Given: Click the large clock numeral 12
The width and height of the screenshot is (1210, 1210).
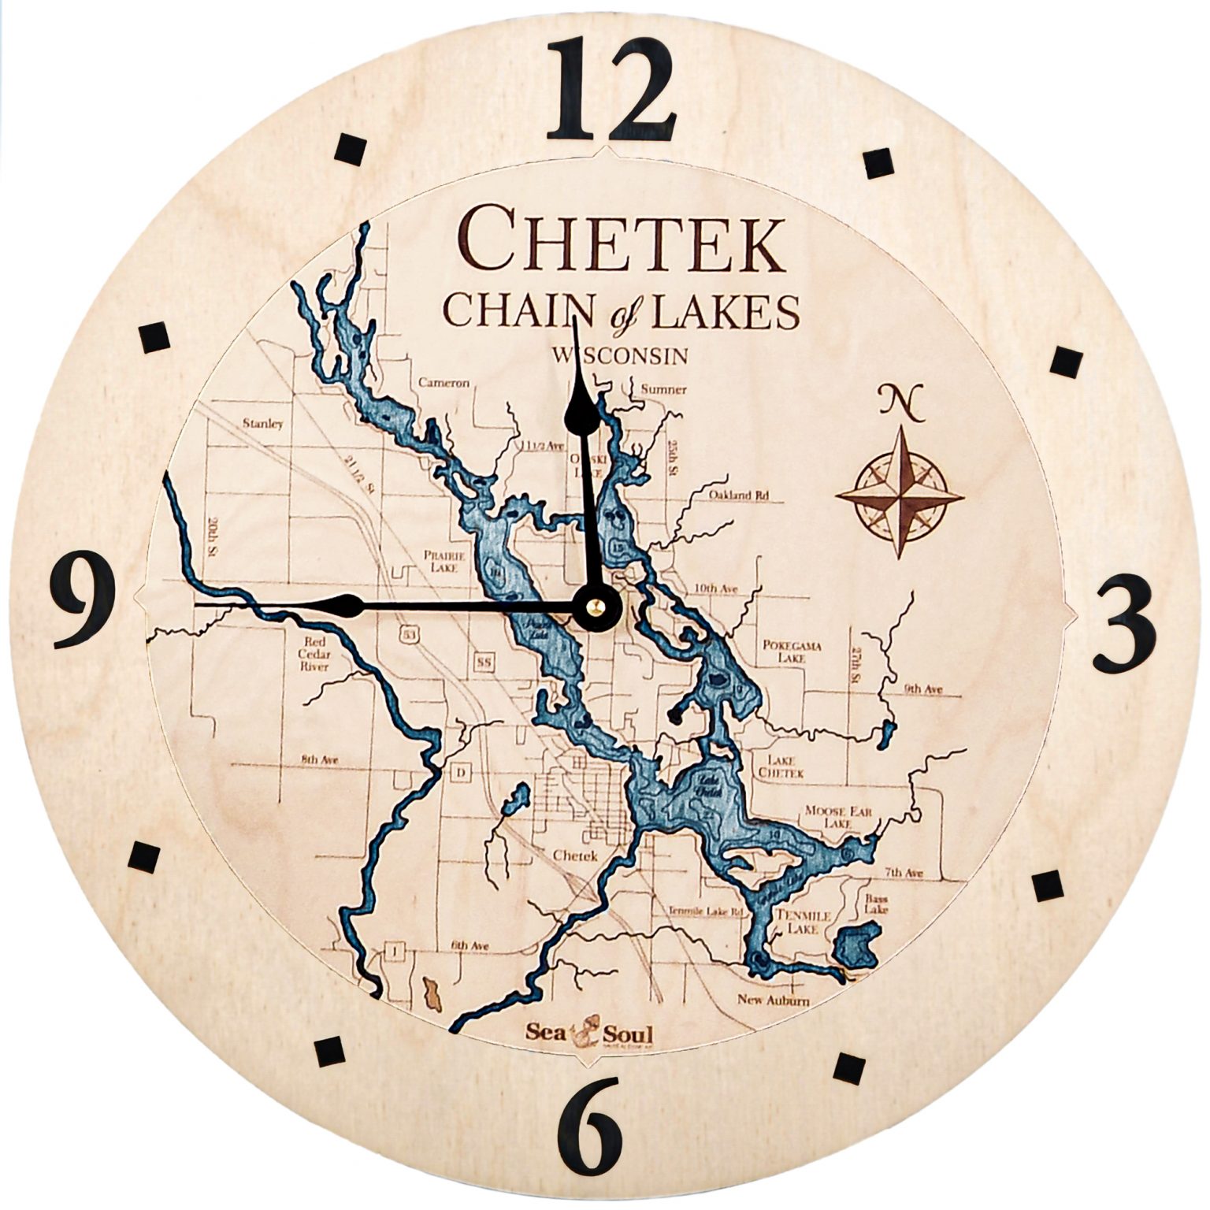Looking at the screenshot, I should [611, 91].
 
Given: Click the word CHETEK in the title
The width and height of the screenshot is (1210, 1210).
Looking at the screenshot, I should [622, 239].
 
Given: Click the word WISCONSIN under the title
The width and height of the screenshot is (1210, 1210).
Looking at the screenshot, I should [620, 356].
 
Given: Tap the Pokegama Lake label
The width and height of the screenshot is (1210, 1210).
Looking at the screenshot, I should [792, 651].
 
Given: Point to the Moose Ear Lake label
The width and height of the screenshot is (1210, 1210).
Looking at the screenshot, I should [837, 817].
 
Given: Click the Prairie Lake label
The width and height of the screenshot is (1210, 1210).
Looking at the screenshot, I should [445, 561].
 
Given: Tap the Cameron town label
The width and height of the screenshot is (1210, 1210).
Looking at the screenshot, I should [444, 384].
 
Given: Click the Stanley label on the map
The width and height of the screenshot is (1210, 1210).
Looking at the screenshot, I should [263, 424].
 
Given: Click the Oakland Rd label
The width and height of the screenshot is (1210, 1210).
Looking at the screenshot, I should [738, 496].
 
